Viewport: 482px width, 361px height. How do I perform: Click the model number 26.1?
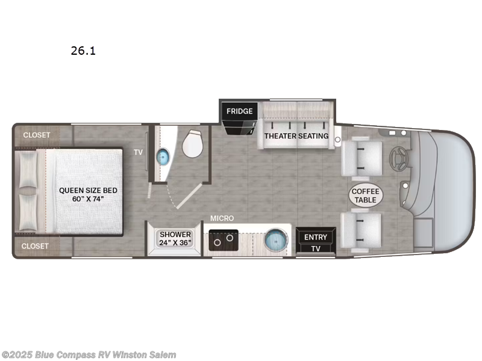click(x=83, y=51)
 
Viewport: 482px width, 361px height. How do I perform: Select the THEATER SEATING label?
click(x=296, y=136)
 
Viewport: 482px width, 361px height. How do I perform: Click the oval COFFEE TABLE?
click(x=365, y=195)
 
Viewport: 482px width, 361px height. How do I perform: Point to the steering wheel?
click(x=398, y=159)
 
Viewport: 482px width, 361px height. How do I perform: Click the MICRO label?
click(x=222, y=218)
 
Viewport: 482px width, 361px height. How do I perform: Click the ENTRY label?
click(x=315, y=237)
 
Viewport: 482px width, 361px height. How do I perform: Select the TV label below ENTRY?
click(x=315, y=248)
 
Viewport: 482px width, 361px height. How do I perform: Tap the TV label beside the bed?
click(x=138, y=153)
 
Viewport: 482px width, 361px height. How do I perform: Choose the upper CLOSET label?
click(x=37, y=135)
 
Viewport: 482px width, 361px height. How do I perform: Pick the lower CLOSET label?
click(x=37, y=246)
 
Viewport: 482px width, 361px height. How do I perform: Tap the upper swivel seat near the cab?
click(x=361, y=158)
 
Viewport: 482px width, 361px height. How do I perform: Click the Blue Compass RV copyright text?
click(x=89, y=355)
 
